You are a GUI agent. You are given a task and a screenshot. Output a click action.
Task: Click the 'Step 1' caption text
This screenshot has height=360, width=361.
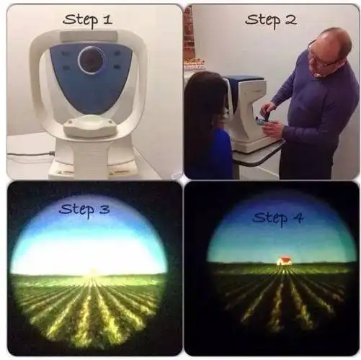pos(88,19)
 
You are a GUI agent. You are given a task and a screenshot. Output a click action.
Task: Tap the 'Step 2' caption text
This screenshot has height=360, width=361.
pos(271,20)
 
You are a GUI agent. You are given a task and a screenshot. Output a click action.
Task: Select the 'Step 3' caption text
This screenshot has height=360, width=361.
pos(84,210)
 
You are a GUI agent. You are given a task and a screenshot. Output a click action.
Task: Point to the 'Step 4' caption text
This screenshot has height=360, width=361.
pos(278,218)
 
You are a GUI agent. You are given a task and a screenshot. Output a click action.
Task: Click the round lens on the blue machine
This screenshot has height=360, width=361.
pos(92,60)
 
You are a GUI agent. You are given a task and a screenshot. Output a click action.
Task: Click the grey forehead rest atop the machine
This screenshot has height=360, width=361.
pos(89,37)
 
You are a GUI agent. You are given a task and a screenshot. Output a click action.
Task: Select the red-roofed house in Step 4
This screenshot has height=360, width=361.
pos(285,261)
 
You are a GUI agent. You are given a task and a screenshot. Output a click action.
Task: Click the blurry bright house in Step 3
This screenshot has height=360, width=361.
pos(92,272)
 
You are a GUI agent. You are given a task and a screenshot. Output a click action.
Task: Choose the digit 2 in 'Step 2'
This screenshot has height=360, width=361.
pos(290,19)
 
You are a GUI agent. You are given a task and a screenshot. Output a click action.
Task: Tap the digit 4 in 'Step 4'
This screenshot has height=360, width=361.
pos(298,218)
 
